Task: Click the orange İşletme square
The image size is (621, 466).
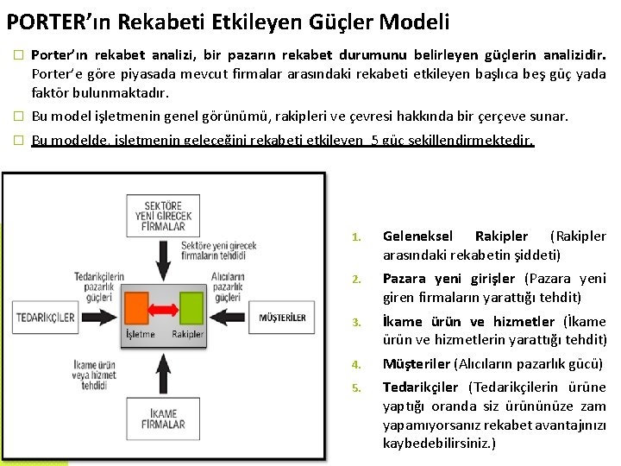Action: click(x=141, y=308)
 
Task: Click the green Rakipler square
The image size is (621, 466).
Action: click(x=189, y=308)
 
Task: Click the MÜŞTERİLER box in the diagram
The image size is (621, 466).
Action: click(x=282, y=318)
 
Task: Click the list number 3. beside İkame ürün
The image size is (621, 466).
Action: click(x=356, y=323)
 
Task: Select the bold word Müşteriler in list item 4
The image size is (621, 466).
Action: click(x=415, y=364)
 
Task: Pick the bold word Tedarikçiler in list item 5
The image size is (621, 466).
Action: click(x=420, y=387)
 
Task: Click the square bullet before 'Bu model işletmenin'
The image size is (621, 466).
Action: click(x=17, y=116)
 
